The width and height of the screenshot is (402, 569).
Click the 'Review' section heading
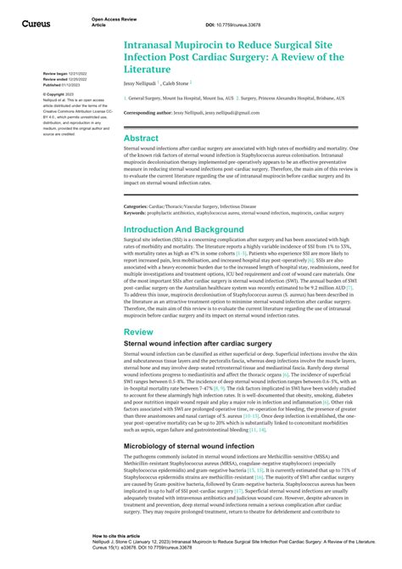pyautogui.click(x=138, y=332)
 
